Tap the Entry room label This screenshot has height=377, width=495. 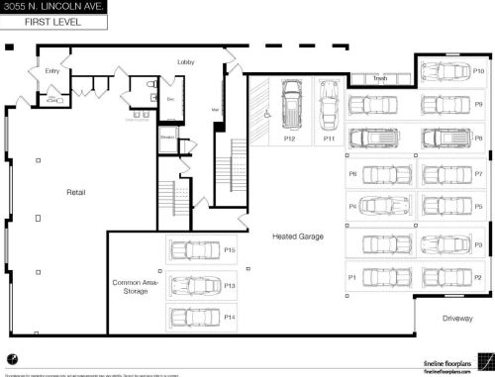(52, 71)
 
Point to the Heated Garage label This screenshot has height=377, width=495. (299, 236)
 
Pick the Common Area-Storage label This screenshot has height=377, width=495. (136, 287)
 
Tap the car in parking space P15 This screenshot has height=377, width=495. (193, 250)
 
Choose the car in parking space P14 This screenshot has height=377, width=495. (193, 317)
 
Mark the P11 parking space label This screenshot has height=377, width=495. (330, 139)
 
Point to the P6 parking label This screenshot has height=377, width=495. (352, 173)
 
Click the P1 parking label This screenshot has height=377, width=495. (351, 278)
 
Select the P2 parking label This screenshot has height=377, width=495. (478, 278)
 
